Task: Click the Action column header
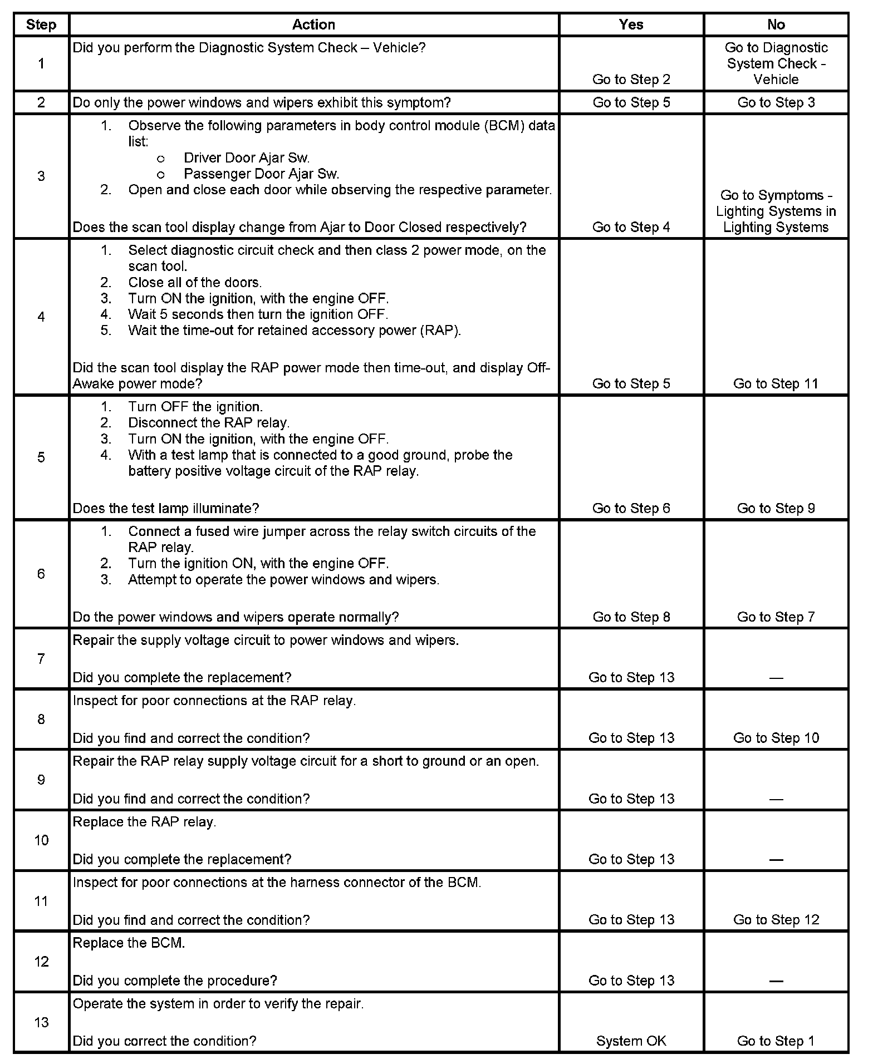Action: [313, 25]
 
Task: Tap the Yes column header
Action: [631, 25]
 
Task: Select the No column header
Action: [776, 25]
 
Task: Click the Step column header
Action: [41, 25]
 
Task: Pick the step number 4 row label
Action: [41, 317]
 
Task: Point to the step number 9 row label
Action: [41, 780]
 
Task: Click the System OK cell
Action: [631, 1041]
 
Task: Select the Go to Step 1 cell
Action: [776, 1041]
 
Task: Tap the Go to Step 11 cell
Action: [776, 383]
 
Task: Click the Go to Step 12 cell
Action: [776, 920]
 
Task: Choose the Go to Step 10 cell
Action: [776, 738]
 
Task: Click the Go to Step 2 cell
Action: [631, 80]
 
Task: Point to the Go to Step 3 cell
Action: [776, 102]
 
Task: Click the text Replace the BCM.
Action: [129, 943]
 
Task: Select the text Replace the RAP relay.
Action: [144, 822]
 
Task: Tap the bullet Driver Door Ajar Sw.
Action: [246, 158]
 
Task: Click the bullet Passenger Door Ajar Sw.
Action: [261, 174]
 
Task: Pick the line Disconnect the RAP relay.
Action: [209, 423]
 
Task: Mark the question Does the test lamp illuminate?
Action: [166, 508]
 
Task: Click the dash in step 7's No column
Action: [776, 678]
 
